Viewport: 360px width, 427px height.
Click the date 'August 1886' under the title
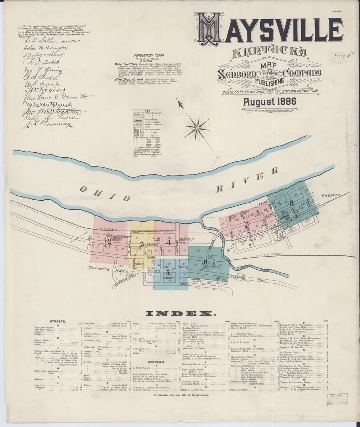269,102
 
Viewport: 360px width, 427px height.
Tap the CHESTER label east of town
331,195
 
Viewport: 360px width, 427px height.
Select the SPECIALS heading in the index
157,362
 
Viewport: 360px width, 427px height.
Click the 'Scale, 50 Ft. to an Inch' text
240,93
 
